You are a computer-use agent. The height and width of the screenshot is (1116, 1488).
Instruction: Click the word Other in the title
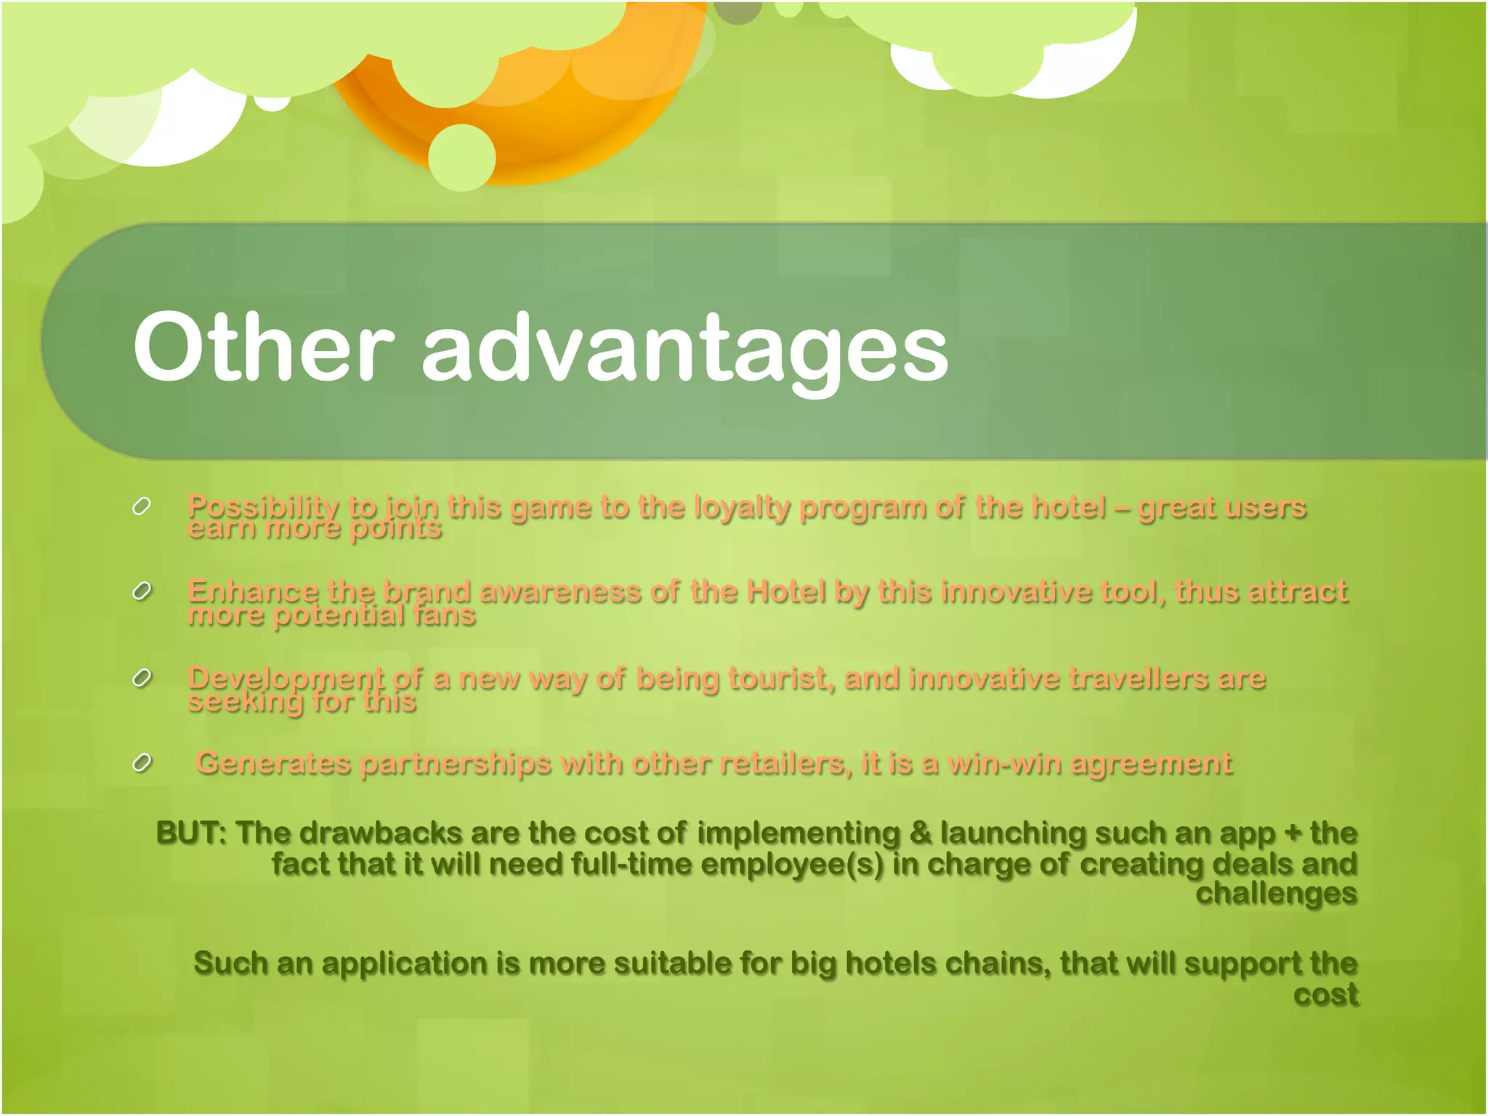(x=263, y=347)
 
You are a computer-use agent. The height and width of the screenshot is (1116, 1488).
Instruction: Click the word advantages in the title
(x=684, y=350)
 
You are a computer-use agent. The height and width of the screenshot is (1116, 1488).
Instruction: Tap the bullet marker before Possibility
(x=142, y=506)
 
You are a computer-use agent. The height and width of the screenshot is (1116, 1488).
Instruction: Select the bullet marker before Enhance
(x=142, y=591)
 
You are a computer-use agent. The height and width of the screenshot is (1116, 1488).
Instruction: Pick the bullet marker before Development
(x=142, y=678)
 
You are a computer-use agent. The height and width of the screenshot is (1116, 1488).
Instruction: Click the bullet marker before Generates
(x=142, y=763)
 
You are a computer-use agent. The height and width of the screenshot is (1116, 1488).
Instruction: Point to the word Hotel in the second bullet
(x=785, y=591)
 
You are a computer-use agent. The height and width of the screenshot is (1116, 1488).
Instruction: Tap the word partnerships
(x=456, y=764)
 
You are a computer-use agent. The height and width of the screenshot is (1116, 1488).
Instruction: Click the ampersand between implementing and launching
(x=920, y=833)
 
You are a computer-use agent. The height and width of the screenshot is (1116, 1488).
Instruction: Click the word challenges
(x=1276, y=894)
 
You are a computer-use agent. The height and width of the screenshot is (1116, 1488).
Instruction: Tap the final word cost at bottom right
(x=1325, y=994)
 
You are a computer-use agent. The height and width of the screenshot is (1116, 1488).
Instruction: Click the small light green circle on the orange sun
(x=462, y=158)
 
